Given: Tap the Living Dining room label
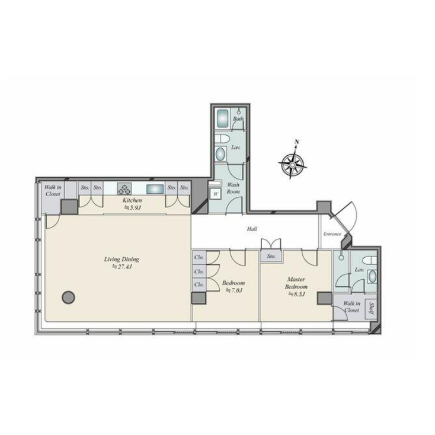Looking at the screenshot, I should click(x=121, y=263).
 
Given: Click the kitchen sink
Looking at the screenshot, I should click(x=155, y=190).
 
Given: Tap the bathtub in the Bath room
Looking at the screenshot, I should click(x=224, y=118).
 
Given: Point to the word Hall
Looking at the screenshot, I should click(x=251, y=228).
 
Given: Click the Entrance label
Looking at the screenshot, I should click(x=332, y=234).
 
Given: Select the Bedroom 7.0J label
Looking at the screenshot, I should click(x=230, y=287).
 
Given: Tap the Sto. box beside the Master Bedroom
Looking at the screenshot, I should click(x=271, y=256).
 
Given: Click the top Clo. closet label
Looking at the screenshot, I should click(x=199, y=258).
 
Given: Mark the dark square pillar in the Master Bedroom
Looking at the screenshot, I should click(x=324, y=299).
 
